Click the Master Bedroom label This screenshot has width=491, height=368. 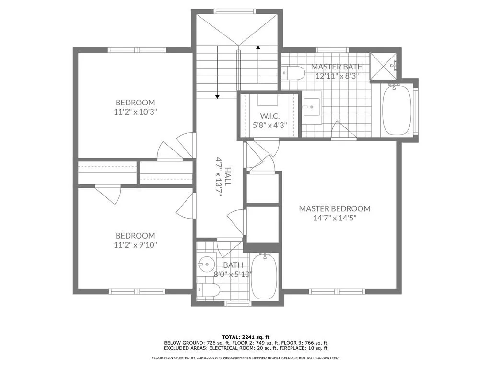pyautogui.click(x=335, y=208)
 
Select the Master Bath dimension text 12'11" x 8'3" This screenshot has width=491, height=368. pyautogui.click(x=337, y=76)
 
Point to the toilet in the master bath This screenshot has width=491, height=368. pyautogui.click(x=294, y=73)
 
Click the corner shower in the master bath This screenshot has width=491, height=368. pyautogui.click(x=386, y=64)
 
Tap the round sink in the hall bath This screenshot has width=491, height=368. pyautogui.click(x=206, y=264)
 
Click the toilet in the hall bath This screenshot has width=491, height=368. pyautogui.click(x=209, y=290)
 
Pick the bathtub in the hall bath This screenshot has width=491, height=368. pyautogui.click(x=264, y=277)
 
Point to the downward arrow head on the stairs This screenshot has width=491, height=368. pyautogui.click(x=217, y=97)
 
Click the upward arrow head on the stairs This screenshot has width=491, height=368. pyautogui.click(x=258, y=47)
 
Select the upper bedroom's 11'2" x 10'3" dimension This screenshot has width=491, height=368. pyautogui.click(x=135, y=112)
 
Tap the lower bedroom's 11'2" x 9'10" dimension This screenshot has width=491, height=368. pyautogui.click(x=135, y=245)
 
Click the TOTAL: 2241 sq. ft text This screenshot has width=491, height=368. pyautogui.click(x=245, y=336)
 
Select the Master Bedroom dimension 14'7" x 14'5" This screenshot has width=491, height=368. pyautogui.click(x=335, y=218)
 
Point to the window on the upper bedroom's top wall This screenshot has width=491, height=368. pyautogui.click(x=137, y=50)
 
